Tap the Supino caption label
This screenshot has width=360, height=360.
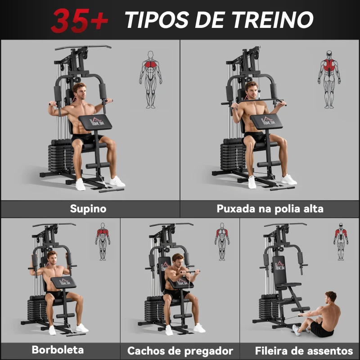[88, 209]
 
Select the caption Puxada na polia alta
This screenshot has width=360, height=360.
[270, 209]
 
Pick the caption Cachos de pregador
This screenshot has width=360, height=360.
[180, 351]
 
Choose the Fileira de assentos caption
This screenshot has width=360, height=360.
[304, 351]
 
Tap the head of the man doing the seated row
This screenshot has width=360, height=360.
[331, 297]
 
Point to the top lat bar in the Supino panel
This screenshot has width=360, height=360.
[83, 47]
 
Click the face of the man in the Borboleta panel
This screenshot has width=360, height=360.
[52, 259]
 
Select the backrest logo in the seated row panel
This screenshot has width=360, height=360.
[279, 265]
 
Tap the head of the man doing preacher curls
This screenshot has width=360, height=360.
[178, 261]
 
